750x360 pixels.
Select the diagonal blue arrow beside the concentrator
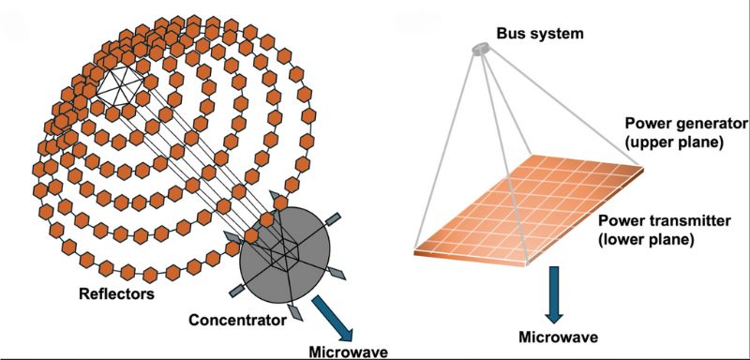[x=329, y=319]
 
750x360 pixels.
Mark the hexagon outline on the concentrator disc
[x=281, y=250]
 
